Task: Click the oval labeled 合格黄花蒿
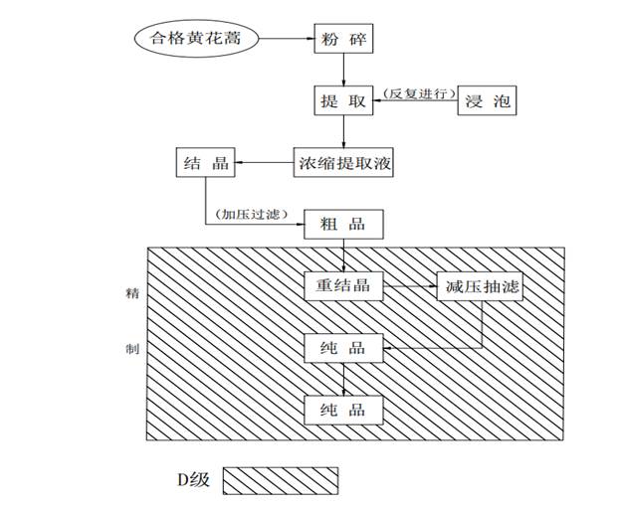pyautogui.click(x=196, y=40)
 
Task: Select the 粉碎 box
pyautogui.click(x=342, y=40)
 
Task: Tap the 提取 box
pyautogui.click(x=342, y=101)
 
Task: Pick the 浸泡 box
pyautogui.click(x=488, y=101)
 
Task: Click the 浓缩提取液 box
pyautogui.click(x=342, y=162)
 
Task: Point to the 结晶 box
pyautogui.click(x=206, y=162)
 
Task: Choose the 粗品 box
pyautogui.click(x=342, y=224)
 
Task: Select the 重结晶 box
pyautogui.click(x=342, y=286)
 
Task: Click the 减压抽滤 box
pyautogui.click(x=480, y=286)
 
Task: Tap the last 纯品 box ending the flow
pyautogui.click(x=342, y=409)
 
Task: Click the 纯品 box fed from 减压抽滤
pyautogui.click(x=342, y=348)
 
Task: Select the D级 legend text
pyautogui.click(x=187, y=480)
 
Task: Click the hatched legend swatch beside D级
pyautogui.click(x=281, y=480)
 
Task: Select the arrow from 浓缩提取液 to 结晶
pyautogui.click(x=264, y=162)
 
